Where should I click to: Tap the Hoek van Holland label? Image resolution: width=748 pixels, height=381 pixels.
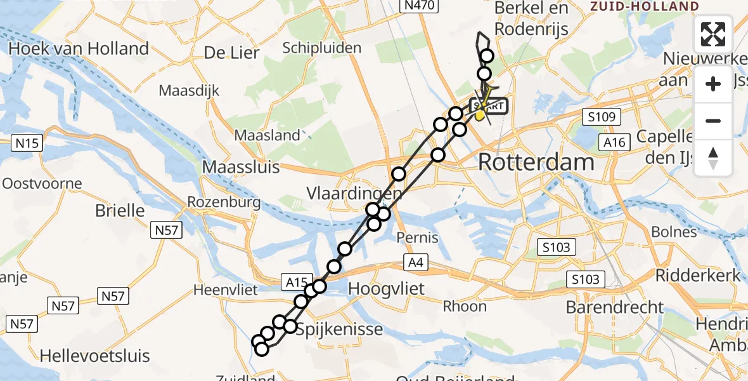click(x=79, y=48)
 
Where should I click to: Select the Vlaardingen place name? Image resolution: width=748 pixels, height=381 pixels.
click(x=354, y=192)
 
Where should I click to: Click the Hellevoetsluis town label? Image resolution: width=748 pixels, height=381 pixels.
click(x=95, y=355)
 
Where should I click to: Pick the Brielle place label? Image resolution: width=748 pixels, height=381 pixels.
click(x=120, y=210)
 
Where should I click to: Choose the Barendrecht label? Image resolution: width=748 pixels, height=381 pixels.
click(x=614, y=307)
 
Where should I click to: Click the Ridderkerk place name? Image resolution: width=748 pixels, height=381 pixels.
click(x=697, y=276)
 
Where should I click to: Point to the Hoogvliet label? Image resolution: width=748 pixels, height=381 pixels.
click(x=386, y=288)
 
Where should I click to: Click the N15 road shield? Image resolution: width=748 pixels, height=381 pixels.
click(x=27, y=143)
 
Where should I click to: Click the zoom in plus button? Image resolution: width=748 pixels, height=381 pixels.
click(x=713, y=84)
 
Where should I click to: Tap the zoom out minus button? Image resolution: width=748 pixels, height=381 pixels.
click(x=713, y=121)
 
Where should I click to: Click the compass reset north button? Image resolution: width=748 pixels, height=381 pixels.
click(x=713, y=157)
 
